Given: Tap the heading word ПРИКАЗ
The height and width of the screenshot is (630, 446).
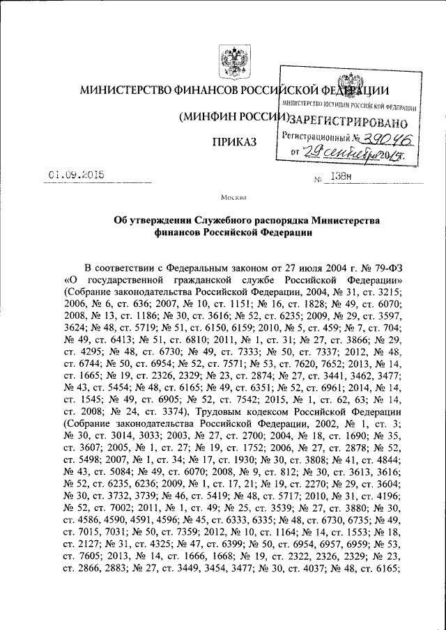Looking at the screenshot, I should (x=235, y=142).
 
